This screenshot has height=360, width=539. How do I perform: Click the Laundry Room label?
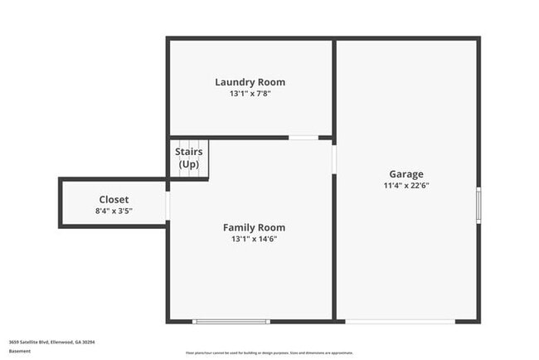(250, 82)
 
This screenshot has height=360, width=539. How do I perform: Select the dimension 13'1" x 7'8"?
(250, 94)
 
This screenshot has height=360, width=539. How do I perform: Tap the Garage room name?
(405, 174)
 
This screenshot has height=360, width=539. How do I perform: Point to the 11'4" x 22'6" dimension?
(405, 186)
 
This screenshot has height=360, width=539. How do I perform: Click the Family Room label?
(254, 227)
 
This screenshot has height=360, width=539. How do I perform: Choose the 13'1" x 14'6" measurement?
(254, 239)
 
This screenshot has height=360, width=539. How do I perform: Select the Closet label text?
(114, 200)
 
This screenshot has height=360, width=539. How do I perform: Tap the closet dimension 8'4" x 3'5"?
(114, 212)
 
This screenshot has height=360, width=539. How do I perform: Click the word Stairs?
(188, 152)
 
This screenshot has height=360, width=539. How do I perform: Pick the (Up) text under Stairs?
(188, 164)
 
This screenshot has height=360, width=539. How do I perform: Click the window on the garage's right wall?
(478, 205)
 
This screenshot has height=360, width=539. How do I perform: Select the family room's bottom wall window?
(231, 321)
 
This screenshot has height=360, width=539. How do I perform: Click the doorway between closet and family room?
(168, 206)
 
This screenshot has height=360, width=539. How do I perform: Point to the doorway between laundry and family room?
(303, 138)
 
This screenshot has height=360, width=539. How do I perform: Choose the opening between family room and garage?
(334, 158)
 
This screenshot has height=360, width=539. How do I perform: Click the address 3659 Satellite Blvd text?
(51, 342)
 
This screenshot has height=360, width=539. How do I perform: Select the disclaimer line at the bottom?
(269, 353)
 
